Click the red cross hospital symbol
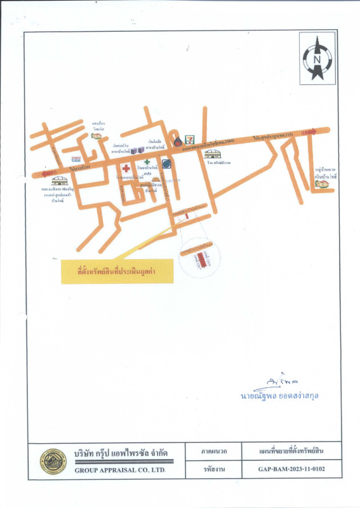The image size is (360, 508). [127, 168]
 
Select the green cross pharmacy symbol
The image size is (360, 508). [146, 163]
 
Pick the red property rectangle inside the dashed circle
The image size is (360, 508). [202, 260]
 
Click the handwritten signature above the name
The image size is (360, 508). [276, 382]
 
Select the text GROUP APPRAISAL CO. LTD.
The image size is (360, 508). [120, 471]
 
